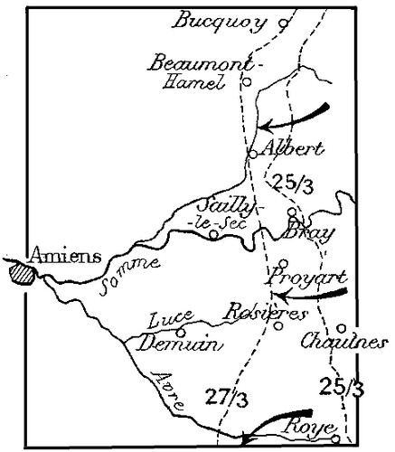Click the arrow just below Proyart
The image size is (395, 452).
[x=308, y=295]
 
